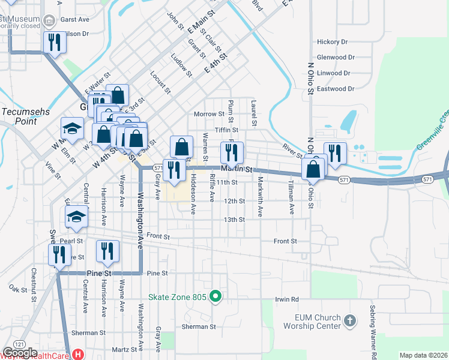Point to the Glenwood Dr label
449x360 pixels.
pos(336,58)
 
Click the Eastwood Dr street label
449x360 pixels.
pos(335,89)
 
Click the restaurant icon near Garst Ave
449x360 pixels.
pos(53,43)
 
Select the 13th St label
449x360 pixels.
pos(234,220)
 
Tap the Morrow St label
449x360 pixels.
pos(209,114)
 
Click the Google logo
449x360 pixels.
pos(20,353)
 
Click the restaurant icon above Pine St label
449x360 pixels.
pos(107,251)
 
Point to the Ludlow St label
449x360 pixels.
pos(181,66)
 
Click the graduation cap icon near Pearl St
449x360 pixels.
pos(76,217)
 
